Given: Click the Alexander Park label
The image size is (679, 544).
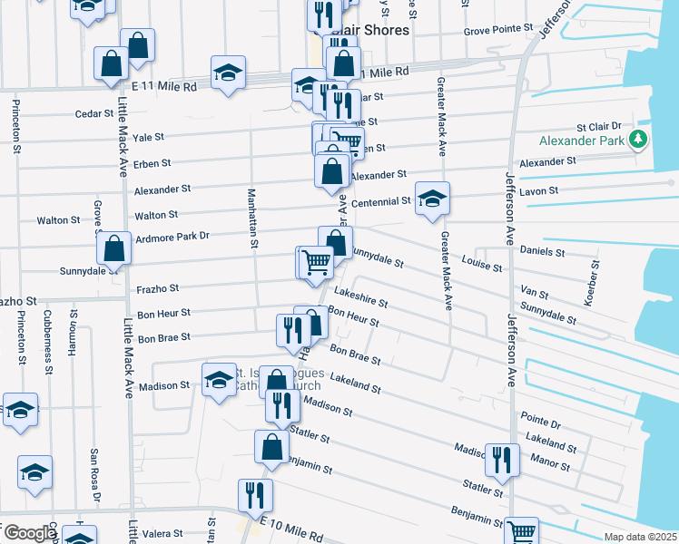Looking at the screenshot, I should click(582, 141).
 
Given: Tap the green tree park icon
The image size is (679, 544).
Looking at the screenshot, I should click(640, 139).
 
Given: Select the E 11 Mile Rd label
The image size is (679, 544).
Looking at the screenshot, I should click(163, 86).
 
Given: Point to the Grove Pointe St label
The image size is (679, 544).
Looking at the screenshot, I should click(498, 29).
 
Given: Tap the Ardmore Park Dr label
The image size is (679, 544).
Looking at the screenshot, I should click(172, 237).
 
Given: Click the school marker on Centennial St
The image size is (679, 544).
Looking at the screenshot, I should click(432, 199).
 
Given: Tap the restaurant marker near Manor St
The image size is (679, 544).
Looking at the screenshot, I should click(499, 460).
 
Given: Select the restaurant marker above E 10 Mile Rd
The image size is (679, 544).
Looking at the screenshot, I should click(254, 494).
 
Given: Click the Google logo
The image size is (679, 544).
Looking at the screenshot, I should click(29, 533).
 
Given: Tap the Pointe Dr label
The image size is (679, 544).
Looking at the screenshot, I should click(542, 423).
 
